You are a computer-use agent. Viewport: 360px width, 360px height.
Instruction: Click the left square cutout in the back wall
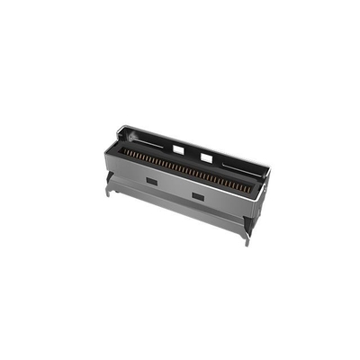click(179, 148)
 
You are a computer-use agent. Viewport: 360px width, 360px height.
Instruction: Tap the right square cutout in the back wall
click(206, 157)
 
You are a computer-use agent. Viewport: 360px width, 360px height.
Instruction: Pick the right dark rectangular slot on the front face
click(196, 197)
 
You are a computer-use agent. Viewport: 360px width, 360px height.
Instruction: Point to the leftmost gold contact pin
click(123, 151)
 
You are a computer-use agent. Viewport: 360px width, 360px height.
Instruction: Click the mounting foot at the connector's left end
click(107, 189)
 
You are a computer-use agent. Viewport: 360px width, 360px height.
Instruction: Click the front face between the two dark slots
click(174, 190)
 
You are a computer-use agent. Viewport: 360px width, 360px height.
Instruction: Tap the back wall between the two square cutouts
click(193, 153)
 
